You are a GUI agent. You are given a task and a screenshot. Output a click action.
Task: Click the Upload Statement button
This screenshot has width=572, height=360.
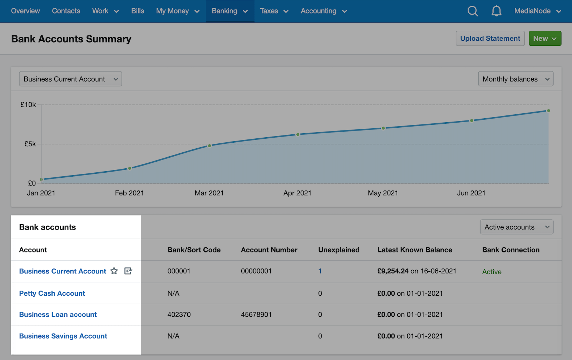pyautogui.click(x=490, y=39)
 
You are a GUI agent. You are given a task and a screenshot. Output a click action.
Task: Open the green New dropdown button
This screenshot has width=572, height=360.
pyautogui.click(x=544, y=39)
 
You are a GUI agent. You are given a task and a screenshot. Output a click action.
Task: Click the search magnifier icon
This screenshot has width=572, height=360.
pyautogui.click(x=473, y=11)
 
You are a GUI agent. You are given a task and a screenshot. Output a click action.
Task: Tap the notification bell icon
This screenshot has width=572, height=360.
pyautogui.click(x=496, y=11)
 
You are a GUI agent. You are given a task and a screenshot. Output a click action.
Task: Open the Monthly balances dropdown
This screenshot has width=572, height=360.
pyautogui.click(x=516, y=79)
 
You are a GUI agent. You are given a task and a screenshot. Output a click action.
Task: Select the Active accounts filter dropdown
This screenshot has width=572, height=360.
pyautogui.click(x=516, y=227)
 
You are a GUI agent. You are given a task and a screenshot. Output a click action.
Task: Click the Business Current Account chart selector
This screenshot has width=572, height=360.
pyautogui.click(x=70, y=79)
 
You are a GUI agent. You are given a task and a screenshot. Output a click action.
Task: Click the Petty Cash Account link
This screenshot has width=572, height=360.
pyautogui.click(x=52, y=294)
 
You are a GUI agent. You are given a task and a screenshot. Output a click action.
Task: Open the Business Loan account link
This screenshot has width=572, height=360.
pyautogui.click(x=58, y=315)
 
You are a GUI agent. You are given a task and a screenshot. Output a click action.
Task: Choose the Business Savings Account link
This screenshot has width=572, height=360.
pyautogui.click(x=63, y=336)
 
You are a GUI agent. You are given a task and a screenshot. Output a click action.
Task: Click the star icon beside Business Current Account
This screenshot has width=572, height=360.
pyautogui.click(x=114, y=271)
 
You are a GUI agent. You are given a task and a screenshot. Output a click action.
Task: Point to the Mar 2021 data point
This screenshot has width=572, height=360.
pyautogui.click(x=209, y=146)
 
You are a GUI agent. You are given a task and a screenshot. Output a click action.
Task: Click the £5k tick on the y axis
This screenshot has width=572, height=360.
pyautogui.click(x=30, y=144)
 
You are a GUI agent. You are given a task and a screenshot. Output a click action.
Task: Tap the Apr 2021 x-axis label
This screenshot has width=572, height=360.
pyautogui.click(x=297, y=193)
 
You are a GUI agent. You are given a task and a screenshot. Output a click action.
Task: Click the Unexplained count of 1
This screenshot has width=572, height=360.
pyautogui.click(x=320, y=271)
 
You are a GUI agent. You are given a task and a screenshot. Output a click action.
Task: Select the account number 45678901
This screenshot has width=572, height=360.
pyautogui.click(x=256, y=315)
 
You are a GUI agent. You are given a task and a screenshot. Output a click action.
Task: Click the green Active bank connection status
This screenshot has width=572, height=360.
pyautogui.click(x=492, y=272)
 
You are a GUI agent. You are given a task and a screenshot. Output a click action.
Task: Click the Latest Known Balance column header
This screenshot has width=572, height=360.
pyautogui.click(x=415, y=250)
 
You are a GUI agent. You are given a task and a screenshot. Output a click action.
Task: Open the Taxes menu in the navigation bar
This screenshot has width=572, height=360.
pyautogui.click(x=274, y=11)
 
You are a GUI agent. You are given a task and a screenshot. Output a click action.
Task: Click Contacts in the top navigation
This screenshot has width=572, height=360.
pyautogui.click(x=66, y=11)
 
